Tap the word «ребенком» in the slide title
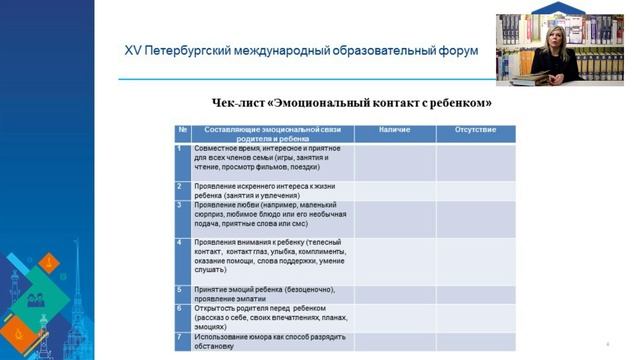coord(460,103)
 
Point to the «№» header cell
coord(183,130)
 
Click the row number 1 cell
coord(181,149)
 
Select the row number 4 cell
coord(181,242)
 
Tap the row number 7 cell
coord(181,336)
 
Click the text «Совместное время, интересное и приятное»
coord(262,149)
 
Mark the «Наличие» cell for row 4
coord(395,260)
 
